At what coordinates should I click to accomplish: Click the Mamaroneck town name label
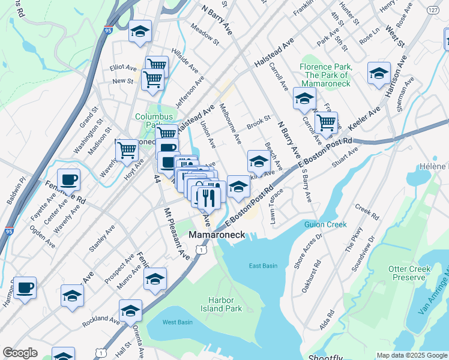217,235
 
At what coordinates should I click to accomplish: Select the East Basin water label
264,266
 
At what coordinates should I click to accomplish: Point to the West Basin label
178,322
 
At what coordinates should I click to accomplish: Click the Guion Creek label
326,224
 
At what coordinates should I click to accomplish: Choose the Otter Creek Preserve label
412,273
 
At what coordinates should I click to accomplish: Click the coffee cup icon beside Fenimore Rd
68,179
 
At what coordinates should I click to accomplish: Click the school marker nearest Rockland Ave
130,311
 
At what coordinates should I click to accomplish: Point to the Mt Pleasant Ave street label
177,233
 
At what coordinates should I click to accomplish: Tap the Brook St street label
259,121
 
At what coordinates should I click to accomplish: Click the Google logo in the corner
20,353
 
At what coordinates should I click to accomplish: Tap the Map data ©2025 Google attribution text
411,355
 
